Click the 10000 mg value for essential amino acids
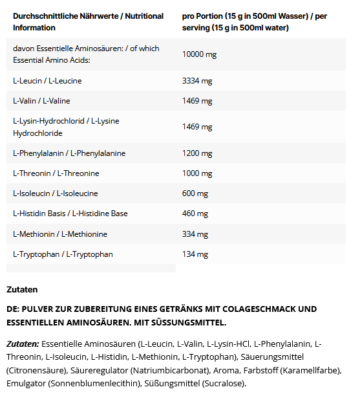click(x=199, y=54)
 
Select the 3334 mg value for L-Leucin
click(x=197, y=81)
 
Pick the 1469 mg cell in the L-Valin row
click(x=197, y=101)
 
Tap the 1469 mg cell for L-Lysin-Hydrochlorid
click(x=197, y=127)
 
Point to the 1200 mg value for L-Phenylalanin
click(x=197, y=153)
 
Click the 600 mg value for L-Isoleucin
click(x=195, y=193)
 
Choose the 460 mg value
click(x=195, y=214)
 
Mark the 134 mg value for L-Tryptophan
click(x=195, y=254)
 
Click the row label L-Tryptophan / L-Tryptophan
click(x=63, y=254)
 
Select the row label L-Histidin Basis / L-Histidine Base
click(x=70, y=214)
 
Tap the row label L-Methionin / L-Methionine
click(x=60, y=234)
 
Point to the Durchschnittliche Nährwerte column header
click(x=88, y=21)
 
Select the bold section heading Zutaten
click(x=22, y=289)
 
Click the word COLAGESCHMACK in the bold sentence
click(x=255, y=309)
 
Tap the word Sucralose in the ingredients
click(x=224, y=383)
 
